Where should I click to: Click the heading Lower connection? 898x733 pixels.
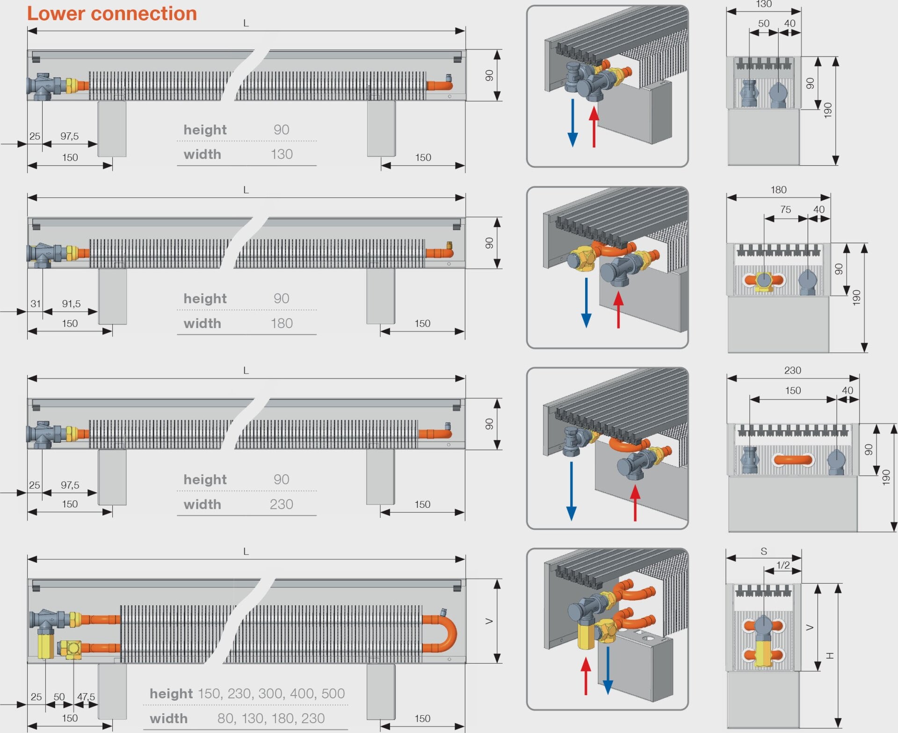click(x=112, y=14)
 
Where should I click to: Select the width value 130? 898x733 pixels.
click(x=282, y=154)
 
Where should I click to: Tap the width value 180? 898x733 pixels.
click(x=282, y=323)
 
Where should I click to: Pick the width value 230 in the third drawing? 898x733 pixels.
click(x=282, y=504)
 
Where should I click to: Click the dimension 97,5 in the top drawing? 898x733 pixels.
click(x=69, y=136)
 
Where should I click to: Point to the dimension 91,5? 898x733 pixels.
click(x=71, y=304)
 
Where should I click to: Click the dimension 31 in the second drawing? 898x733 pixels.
click(x=36, y=304)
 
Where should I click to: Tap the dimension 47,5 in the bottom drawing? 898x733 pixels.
click(x=86, y=697)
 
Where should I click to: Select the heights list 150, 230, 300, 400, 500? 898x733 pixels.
click(x=271, y=693)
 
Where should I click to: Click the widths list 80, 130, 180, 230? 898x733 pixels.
click(x=271, y=718)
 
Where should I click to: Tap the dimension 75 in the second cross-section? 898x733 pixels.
click(x=786, y=210)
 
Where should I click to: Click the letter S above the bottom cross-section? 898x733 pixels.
click(x=764, y=551)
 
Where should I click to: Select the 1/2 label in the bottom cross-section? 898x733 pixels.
click(x=783, y=565)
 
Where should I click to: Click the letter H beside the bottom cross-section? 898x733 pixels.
click(x=830, y=655)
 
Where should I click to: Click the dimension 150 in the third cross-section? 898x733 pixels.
click(x=793, y=390)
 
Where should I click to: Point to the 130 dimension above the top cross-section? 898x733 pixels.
click(x=764, y=5)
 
